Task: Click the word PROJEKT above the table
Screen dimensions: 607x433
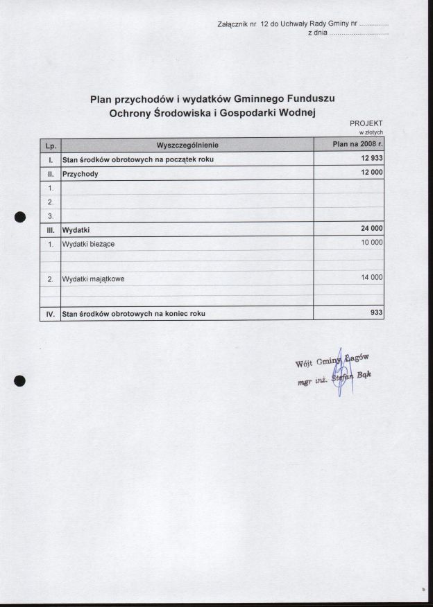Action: (371, 123)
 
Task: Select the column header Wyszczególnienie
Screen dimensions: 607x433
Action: (187, 145)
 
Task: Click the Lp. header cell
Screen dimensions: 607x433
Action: (51, 146)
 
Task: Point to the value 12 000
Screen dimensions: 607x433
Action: (371, 174)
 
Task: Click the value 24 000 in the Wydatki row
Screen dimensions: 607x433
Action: (371, 229)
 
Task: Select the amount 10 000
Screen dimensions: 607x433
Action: (371, 243)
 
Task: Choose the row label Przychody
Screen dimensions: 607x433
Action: (80, 174)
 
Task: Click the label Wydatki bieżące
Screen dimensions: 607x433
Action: (88, 244)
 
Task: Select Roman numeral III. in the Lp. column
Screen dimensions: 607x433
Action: (51, 229)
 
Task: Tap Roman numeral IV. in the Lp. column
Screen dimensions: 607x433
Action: (51, 314)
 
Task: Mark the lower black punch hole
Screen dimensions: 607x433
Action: (20, 380)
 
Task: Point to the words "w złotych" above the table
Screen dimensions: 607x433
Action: (371, 132)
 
